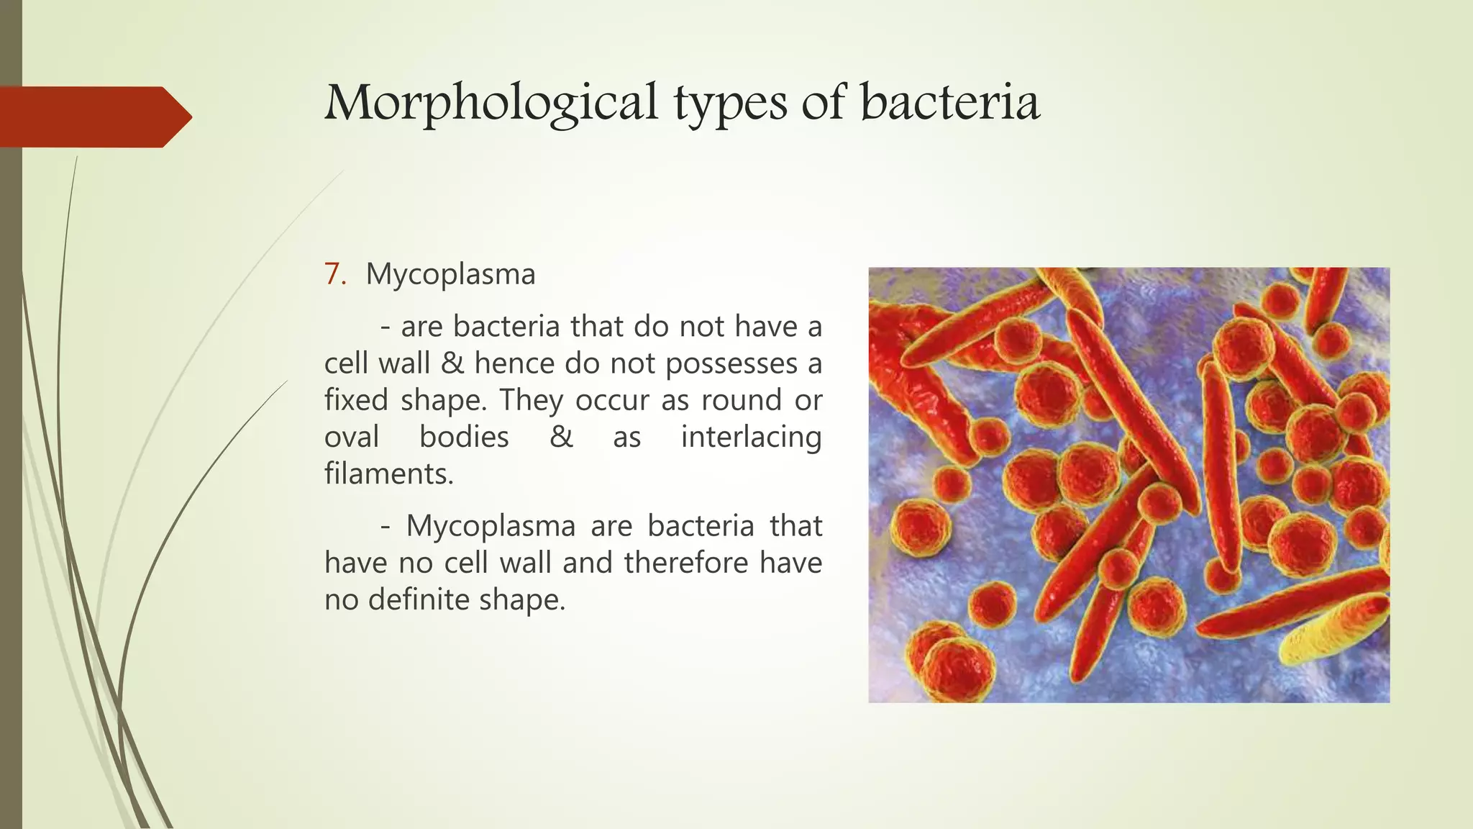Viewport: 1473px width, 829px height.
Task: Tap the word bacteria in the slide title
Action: (949, 102)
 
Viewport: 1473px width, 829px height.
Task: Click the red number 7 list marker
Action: (334, 274)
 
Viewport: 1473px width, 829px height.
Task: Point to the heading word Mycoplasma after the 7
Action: (450, 274)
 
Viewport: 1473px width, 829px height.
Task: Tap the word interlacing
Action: (751, 437)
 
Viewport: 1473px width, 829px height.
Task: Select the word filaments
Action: (388, 474)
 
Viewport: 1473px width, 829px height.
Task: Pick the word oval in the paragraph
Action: (352, 437)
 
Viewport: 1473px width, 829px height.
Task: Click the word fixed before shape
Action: (356, 400)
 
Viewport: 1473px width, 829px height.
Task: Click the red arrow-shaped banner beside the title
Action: (94, 117)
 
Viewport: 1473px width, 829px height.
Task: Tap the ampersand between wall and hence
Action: (452, 363)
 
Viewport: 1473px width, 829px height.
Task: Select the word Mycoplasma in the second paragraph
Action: (491, 526)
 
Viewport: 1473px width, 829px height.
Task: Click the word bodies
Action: (464, 437)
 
